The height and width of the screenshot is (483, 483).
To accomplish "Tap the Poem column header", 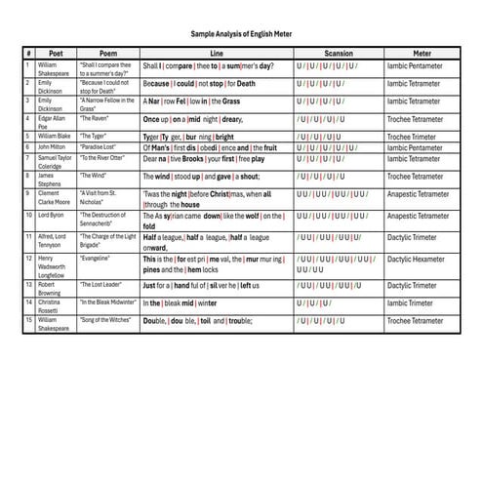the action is (x=107, y=53).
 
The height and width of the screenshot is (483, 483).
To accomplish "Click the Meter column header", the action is (x=423, y=53).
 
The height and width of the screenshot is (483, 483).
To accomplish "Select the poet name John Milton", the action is (x=53, y=147).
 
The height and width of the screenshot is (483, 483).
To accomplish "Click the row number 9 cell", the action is (x=29, y=193).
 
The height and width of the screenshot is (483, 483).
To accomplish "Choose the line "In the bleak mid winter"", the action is (x=181, y=303).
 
